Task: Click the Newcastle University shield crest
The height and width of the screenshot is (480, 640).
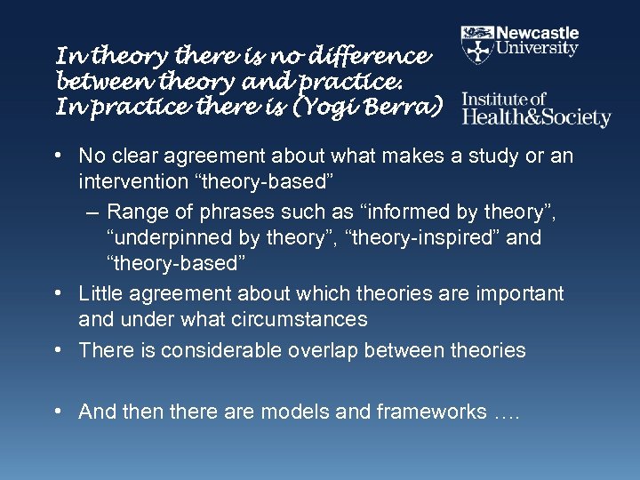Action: click(x=478, y=41)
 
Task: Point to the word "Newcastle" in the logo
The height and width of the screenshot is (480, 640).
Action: click(x=538, y=33)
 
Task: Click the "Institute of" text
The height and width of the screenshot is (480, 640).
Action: click(x=504, y=99)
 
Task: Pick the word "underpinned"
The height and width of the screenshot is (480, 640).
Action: click(x=172, y=238)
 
